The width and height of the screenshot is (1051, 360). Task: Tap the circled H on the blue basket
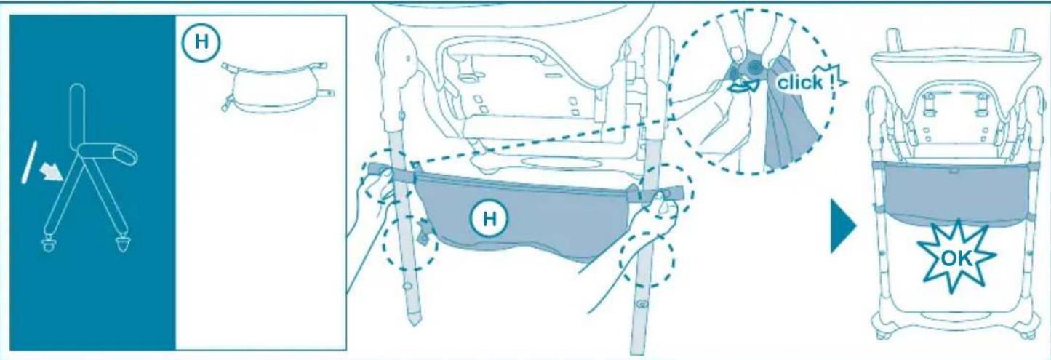click(x=489, y=217)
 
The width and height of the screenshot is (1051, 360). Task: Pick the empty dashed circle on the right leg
click(x=647, y=260)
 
